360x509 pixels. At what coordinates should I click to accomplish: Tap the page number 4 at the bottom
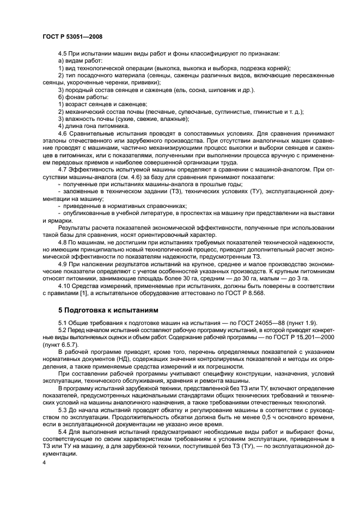(x=44, y=462)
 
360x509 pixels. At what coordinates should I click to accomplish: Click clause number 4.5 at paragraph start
(x=63, y=54)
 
